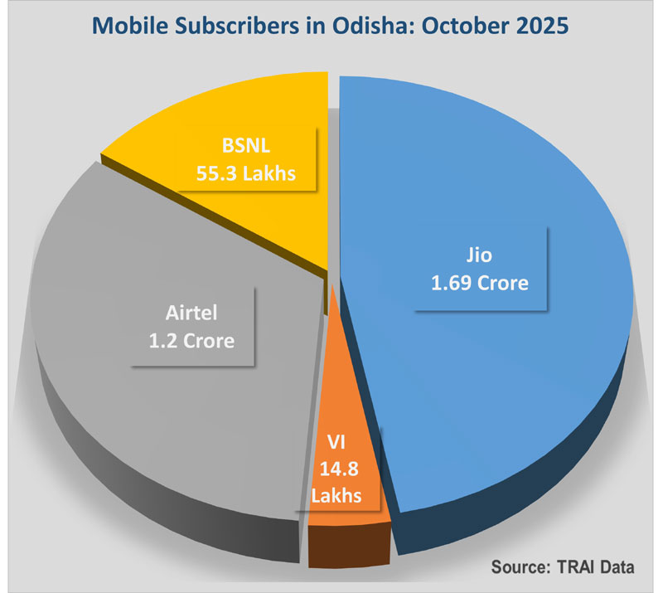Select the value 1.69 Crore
click(x=479, y=284)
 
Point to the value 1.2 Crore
click(x=191, y=341)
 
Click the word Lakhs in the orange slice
click(x=337, y=496)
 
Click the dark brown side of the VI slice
click(x=346, y=549)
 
